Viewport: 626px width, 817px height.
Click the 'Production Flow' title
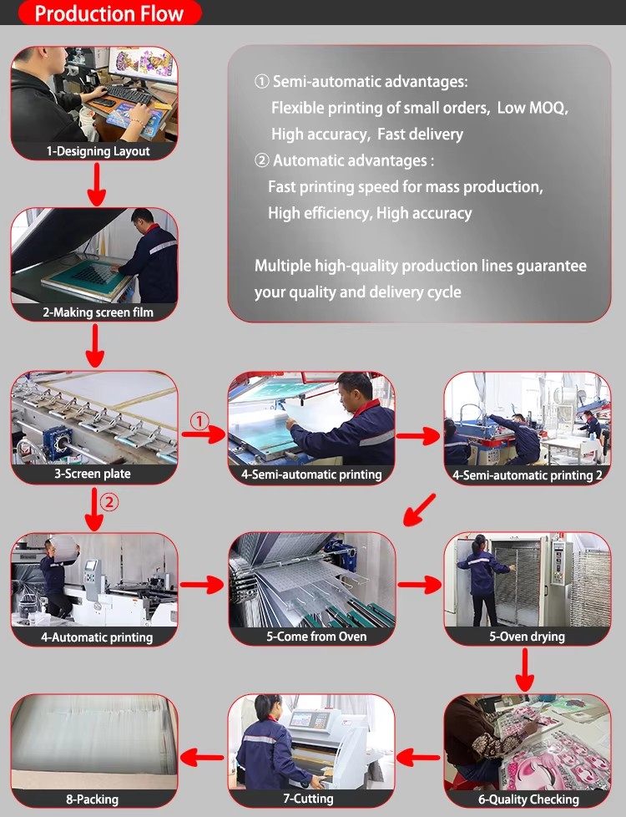click(x=109, y=13)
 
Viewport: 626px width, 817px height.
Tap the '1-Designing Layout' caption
click(x=98, y=151)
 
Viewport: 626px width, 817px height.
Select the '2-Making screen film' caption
click(x=98, y=312)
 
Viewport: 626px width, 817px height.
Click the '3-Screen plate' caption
click(x=93, y=474)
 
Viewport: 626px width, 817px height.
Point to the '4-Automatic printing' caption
click(x=97, y=637)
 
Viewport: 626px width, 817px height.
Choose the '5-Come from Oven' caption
click(x=316, y=637)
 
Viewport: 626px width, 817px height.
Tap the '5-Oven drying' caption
click(x=527, y=637)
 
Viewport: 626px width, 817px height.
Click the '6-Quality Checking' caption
click(x=528, y=799)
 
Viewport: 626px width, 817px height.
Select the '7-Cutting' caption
click(x=308, y=799)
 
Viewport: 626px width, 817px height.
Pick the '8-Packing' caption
click(x=92, y=799)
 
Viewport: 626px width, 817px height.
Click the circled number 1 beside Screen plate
click(x=199, y=420)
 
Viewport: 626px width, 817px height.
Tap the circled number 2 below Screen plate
click(x=109, y=502)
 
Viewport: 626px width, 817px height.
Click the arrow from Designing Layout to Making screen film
click(x=96, y=185)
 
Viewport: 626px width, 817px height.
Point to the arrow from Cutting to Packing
click(x=202, y=757)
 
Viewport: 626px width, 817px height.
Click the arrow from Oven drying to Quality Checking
click(x=525, y=670)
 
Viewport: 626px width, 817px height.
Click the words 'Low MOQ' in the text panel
click(x=531, y=108)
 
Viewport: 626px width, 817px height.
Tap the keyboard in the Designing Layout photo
click(x=127, y=94)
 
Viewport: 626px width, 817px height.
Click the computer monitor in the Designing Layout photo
click(x=142, y=63)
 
